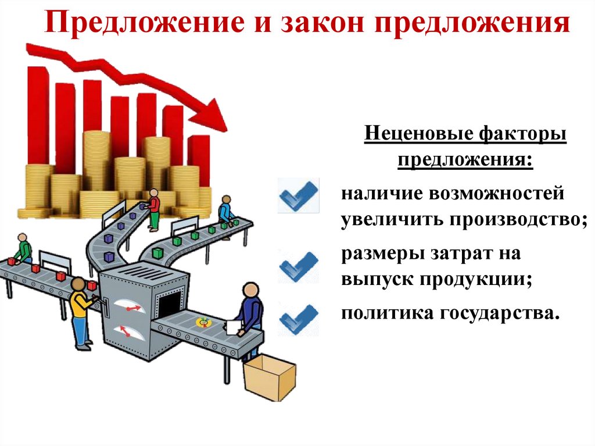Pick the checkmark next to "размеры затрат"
point(299,267)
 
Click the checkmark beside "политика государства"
point(299,317)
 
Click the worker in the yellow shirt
point(80,311)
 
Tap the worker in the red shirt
point(153,209)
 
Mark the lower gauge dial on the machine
point(126,331)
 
